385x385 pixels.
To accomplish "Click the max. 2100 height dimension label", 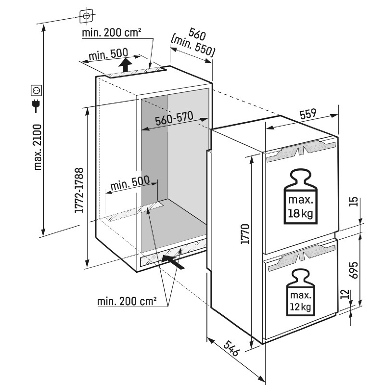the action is (x=38, y=147).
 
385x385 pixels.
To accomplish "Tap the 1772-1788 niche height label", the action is (x=79, y=190).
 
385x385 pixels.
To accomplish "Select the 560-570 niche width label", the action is (x=174, y=118).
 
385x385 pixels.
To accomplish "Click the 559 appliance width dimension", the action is (x=308, y=114).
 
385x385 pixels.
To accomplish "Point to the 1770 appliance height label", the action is (x=245, y=234).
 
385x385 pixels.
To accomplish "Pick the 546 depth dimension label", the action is (x=231, y=348).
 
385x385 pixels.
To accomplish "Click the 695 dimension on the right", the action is (x=354, y=270).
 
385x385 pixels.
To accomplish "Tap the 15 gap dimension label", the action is (x=353, y=202).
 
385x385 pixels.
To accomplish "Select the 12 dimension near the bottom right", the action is (x=345, y=294).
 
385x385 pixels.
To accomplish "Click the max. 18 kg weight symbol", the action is (x=300, y=196).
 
